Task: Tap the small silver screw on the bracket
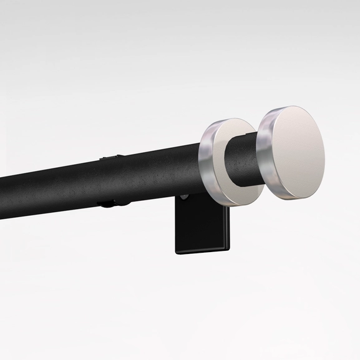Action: point(184,198)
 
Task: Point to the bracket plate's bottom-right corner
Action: point(228,251)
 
